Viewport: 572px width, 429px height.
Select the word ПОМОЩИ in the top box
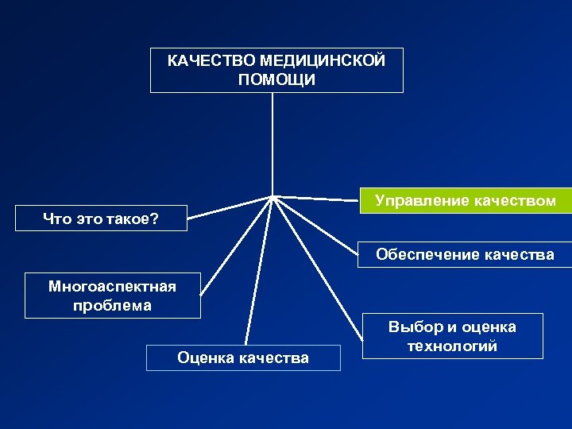pos(276,80)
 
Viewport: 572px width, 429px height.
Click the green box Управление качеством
pos(465,201)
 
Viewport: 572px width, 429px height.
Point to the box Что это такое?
pos(101,218)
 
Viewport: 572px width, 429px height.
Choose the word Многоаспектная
pos(112,286)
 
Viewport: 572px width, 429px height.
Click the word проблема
pos(111,306)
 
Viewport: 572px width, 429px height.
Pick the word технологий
pos(451,346)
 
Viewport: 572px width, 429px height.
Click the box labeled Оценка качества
pos(243,357)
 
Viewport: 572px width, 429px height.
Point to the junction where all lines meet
pos(273,195)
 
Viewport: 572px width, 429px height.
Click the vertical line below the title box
pos(272,143)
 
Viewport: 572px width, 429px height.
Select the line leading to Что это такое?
pos(230,206)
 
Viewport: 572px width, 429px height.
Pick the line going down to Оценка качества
pos(259,270)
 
